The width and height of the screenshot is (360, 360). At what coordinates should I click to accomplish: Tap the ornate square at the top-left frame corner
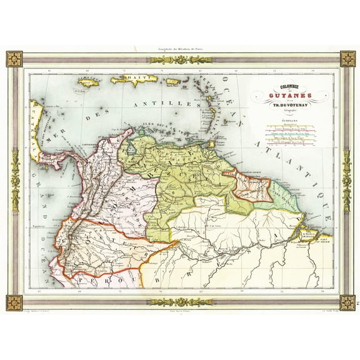(x=14, y=59)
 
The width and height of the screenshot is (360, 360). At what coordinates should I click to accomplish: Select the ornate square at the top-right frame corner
(x=347, y=59)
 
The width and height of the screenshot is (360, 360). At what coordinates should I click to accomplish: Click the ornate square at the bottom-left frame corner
(x=14, y=302)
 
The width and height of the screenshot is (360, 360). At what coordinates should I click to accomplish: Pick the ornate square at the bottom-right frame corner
(x=347, y=302)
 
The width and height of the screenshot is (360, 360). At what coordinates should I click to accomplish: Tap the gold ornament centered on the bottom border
(x=181, y=302)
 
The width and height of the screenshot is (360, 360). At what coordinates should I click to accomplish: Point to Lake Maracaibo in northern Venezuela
(x=129, y=149)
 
